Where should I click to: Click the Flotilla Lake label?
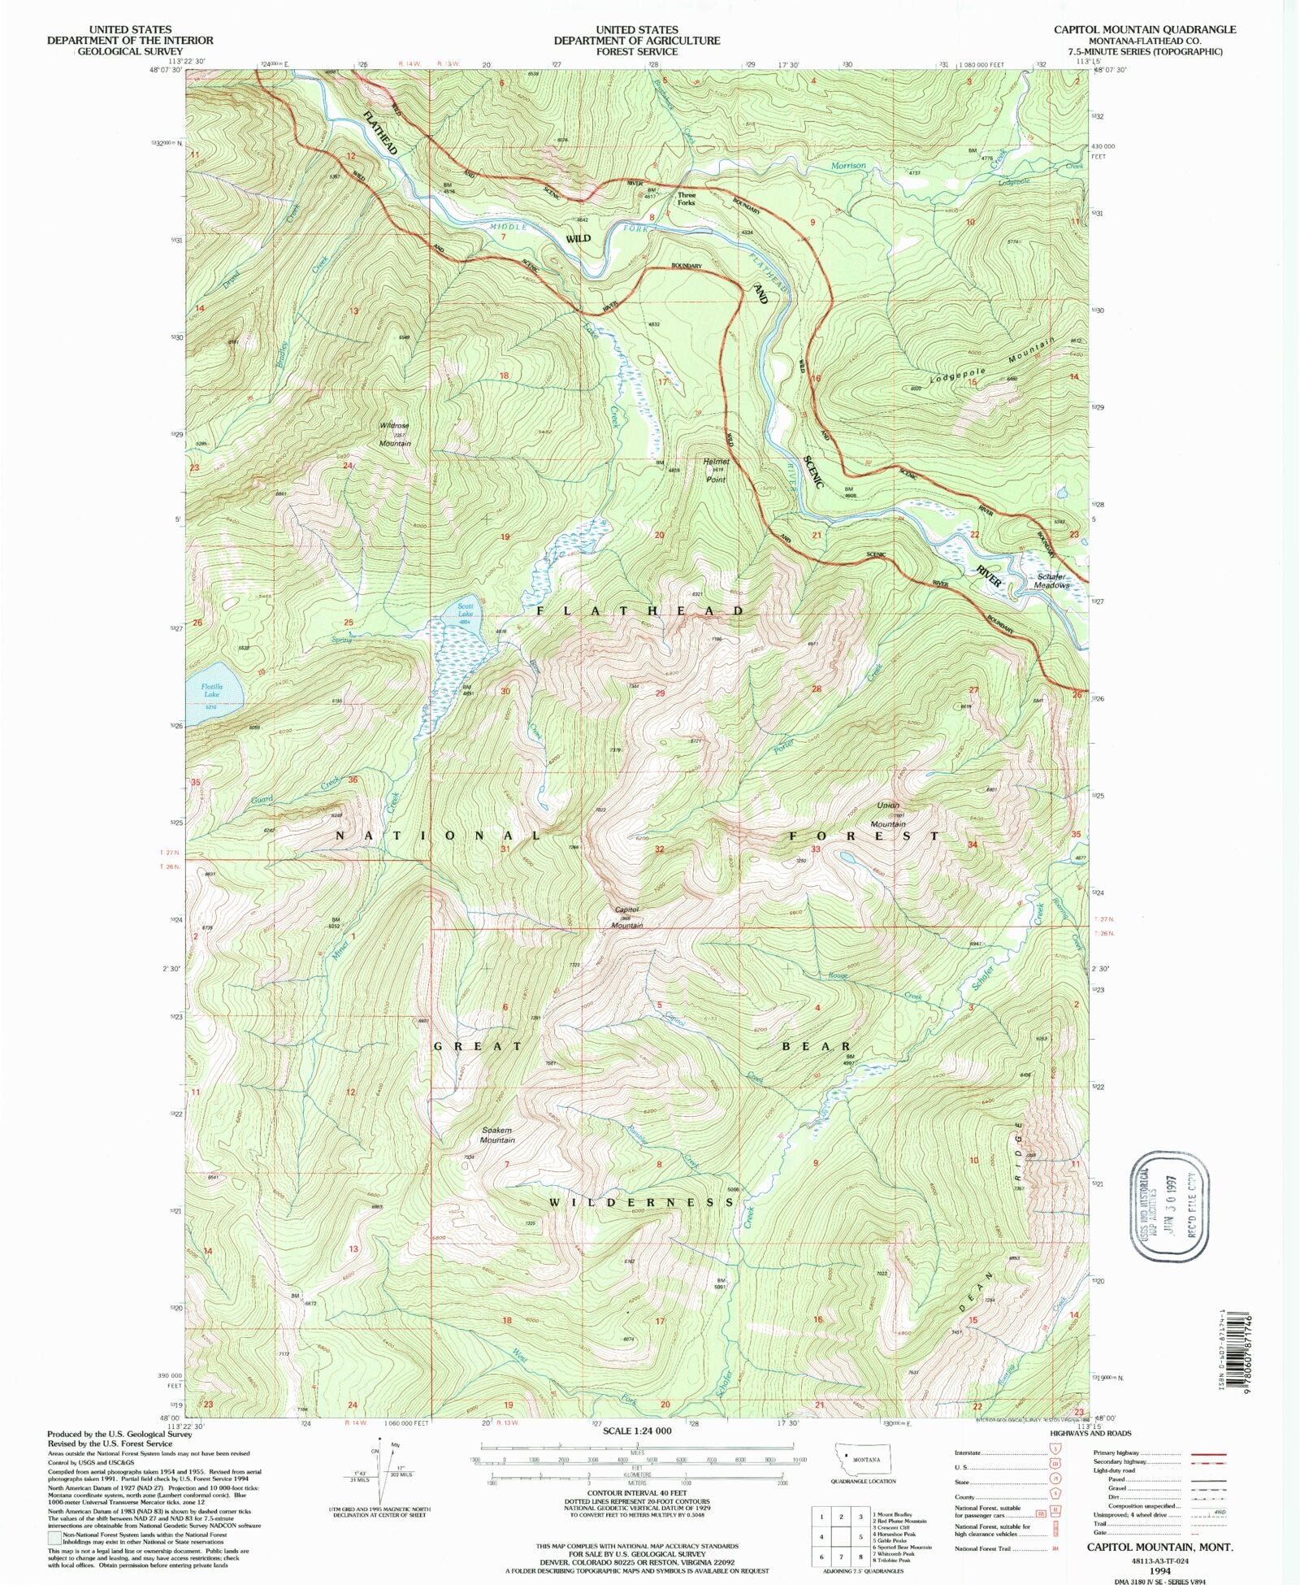tap(211, 690)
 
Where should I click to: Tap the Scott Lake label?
tap(465, 610)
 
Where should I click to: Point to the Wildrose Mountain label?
tap(395, 434)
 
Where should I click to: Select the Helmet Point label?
tap(716, 470)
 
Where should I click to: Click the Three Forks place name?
tap(687, 198)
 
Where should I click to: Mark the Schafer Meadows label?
tap(1052, 580)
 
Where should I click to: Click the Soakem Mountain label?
tap(497, 1135)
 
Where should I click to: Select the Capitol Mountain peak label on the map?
tap(627, 917)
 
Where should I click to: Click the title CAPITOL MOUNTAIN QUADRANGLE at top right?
tap(1145, 29)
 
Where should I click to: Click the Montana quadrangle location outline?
tap(864, 1459)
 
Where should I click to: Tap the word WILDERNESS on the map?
tap(642, 1202)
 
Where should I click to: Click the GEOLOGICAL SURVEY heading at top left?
tap(130, 50)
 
